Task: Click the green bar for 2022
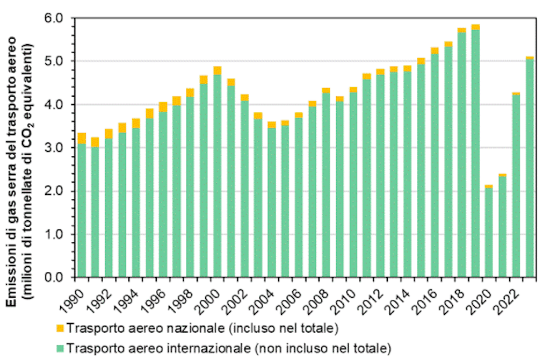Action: (516, 186)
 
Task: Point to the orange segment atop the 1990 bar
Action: (82, 138)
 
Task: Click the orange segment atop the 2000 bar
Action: (218, 70)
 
